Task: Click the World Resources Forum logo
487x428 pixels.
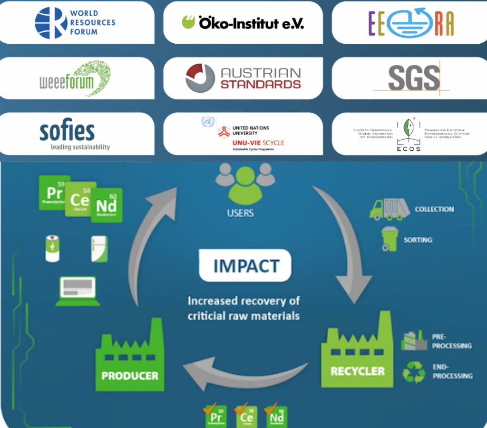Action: [75, 22]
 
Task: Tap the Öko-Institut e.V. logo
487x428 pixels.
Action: [243, 22]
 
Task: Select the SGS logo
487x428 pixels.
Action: [412, 77]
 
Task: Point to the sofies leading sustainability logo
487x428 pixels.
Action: [75, 135]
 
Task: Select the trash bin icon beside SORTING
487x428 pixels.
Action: [390, 239]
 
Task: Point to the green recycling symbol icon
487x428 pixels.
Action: [413, 372]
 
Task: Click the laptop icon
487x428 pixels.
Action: [78, 290]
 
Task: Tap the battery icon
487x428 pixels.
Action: [52, 248]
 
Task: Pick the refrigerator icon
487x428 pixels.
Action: [99, 249]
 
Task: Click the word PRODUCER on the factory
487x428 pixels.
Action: [129, 376]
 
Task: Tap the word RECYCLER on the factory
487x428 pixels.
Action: [358, 370]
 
